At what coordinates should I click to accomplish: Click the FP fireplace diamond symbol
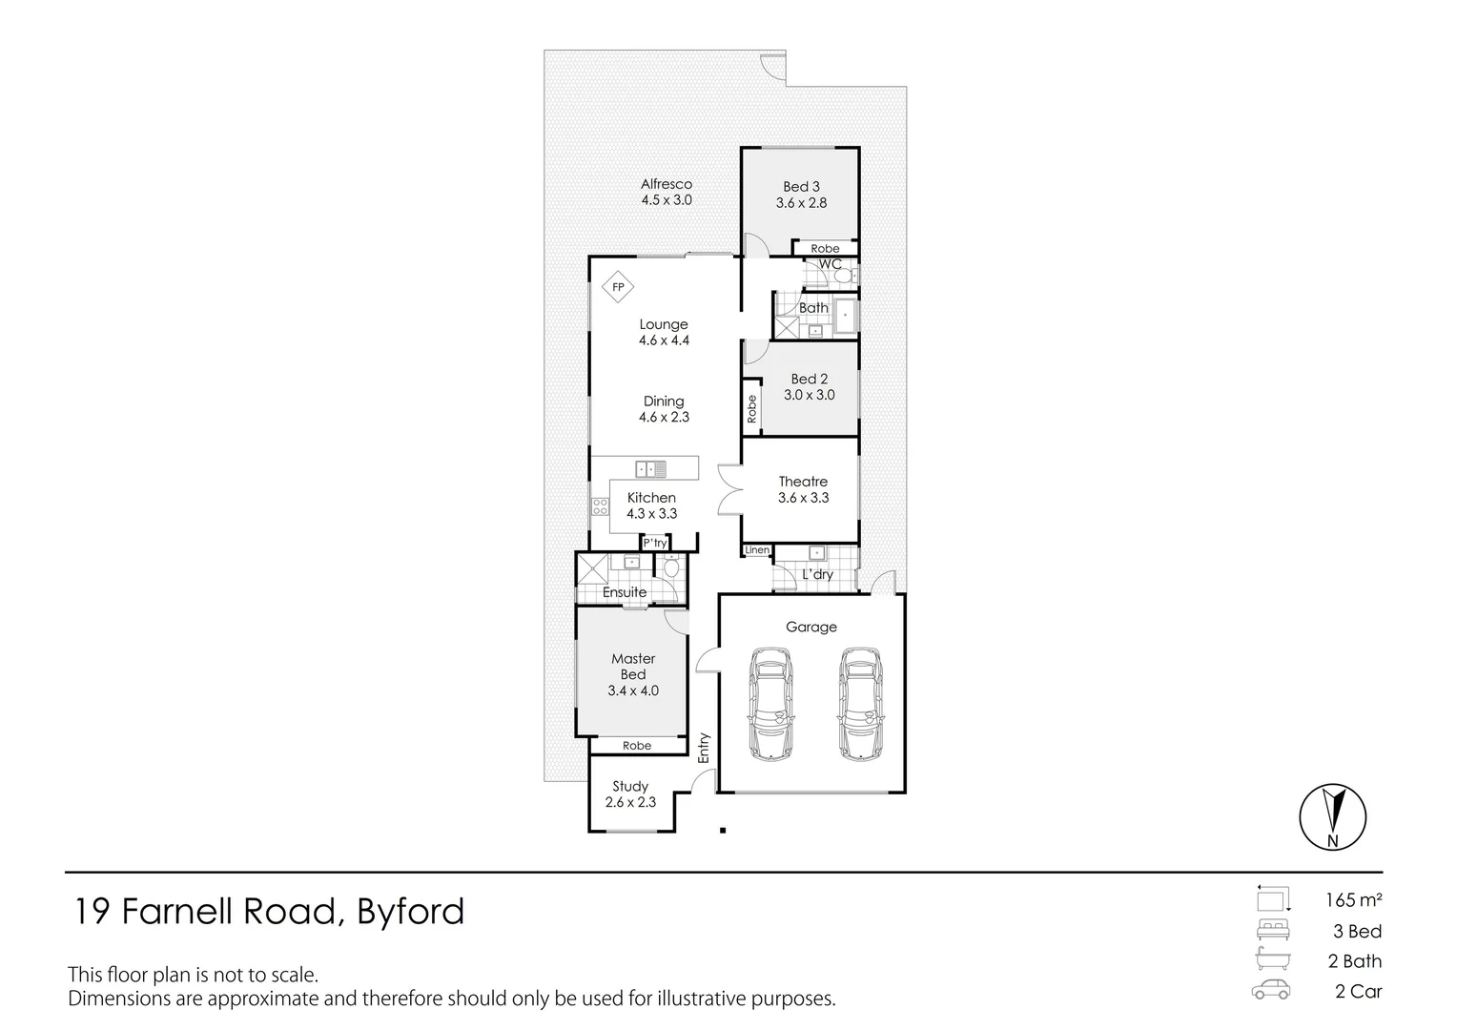(x=618, y=287)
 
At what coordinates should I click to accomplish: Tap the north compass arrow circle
(x=1333, y=816)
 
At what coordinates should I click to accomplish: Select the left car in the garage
(x=771, y=704)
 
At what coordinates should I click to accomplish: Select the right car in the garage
(x=860, y=704)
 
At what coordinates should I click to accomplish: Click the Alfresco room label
(x=667, y=184)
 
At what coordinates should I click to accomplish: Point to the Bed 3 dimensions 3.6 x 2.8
(x=801, y=203)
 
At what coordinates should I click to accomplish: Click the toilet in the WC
(x=845, y=277)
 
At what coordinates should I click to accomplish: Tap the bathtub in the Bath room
(x=846, y=317)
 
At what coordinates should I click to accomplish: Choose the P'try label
(x=655, y=543)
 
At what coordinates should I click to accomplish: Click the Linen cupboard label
(x=757, y=550)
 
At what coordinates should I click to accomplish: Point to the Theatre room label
(x=803, y=482)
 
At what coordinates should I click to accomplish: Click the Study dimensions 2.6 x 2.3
(x=630, y=802)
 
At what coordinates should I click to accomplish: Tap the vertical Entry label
(x=703, y=749)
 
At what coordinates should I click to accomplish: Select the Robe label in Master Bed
(x=637, y=746)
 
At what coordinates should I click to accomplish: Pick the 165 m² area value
(x=1354, y=900)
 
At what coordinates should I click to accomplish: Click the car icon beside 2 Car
(x=1271, y=990)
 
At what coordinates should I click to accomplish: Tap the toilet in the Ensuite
(x=671, y=568)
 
